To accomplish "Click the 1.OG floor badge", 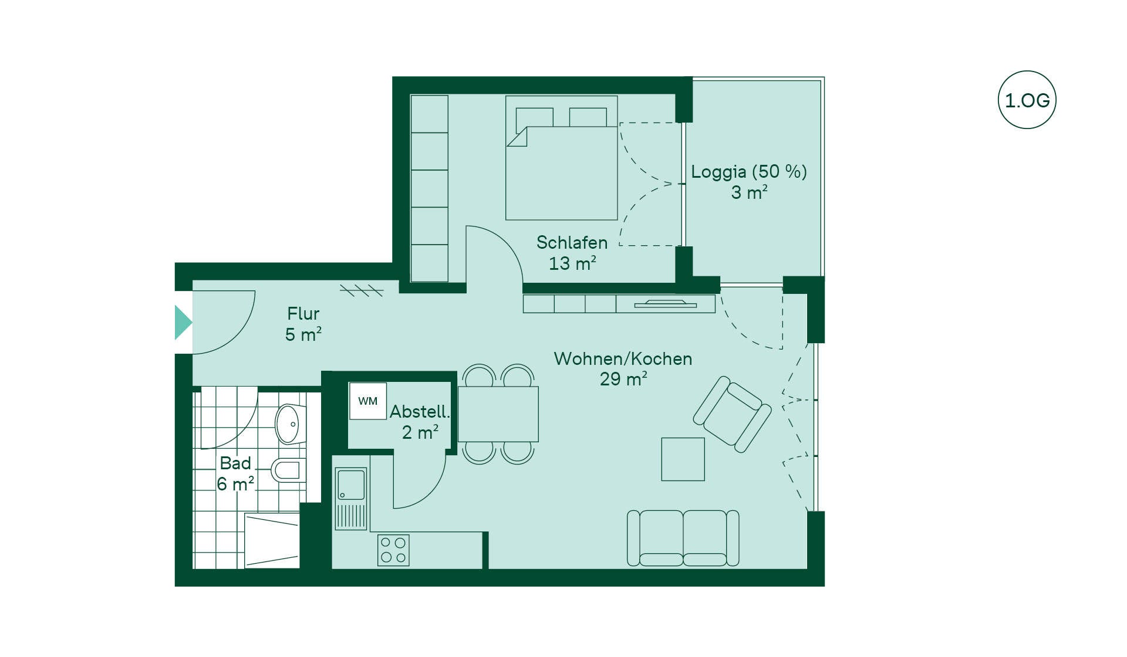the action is point(1027,100).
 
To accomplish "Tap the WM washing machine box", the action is point(368,401).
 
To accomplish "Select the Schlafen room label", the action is point(572,242).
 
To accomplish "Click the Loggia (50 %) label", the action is point(749,171).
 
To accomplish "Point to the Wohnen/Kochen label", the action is point(623,358).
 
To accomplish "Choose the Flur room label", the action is point(303,314).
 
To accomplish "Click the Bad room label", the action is point(235,463).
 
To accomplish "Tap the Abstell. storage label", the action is point(419,411).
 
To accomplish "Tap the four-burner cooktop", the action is point(393,550).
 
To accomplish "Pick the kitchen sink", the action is point(351,499).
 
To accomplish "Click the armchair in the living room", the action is point(733,414).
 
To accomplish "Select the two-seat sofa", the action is point(683,538).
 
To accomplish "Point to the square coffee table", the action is point(683,459).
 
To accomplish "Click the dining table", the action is point(498,414).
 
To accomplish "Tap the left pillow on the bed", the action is point(534,117).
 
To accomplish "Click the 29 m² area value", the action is point(623,379).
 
